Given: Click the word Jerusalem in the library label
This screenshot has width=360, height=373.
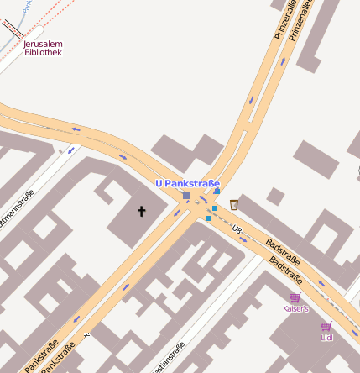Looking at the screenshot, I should pyautogui.click(x=43, y=44).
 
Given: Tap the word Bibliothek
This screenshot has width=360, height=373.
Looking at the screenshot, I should pyautogui.click(x=43, y=52).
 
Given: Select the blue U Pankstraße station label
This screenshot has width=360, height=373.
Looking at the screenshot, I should pyautogui.click(x=187, y=183).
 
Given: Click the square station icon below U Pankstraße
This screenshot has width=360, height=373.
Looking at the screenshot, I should pyautogui.click(x=186, y=196).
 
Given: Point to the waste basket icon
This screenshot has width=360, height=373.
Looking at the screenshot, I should pyautogui.click(x=234, y=204).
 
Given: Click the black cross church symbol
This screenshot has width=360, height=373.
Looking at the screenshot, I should pyautogui.click(x=141, y=212).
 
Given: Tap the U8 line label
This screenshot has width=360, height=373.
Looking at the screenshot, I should pyautogui.click(x=237, y=229).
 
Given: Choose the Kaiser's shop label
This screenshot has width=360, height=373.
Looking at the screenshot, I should pyautogui.click(x=295, y=309).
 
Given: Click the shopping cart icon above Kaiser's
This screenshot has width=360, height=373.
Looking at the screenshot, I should pyautogui.click(x=295, y=297).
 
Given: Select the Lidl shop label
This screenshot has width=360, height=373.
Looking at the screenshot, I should pyautogui.click(x=326, y=338).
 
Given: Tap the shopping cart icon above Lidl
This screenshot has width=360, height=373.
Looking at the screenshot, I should pyautogui.click(x=326, y=326).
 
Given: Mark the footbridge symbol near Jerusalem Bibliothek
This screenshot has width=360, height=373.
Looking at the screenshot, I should pyautogui.click(x=13, y=30).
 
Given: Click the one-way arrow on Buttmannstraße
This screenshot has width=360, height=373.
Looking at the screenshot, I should pyautogui.click(x=70, y=150).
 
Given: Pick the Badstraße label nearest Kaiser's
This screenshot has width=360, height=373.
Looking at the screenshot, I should pyautogui.click(x=287, y=271).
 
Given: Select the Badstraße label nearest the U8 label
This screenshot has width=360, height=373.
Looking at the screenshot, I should pyautogui.click(x=283, y=253).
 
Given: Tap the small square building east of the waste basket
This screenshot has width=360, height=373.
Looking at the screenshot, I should pyautogui.click(x=274, y=198).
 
